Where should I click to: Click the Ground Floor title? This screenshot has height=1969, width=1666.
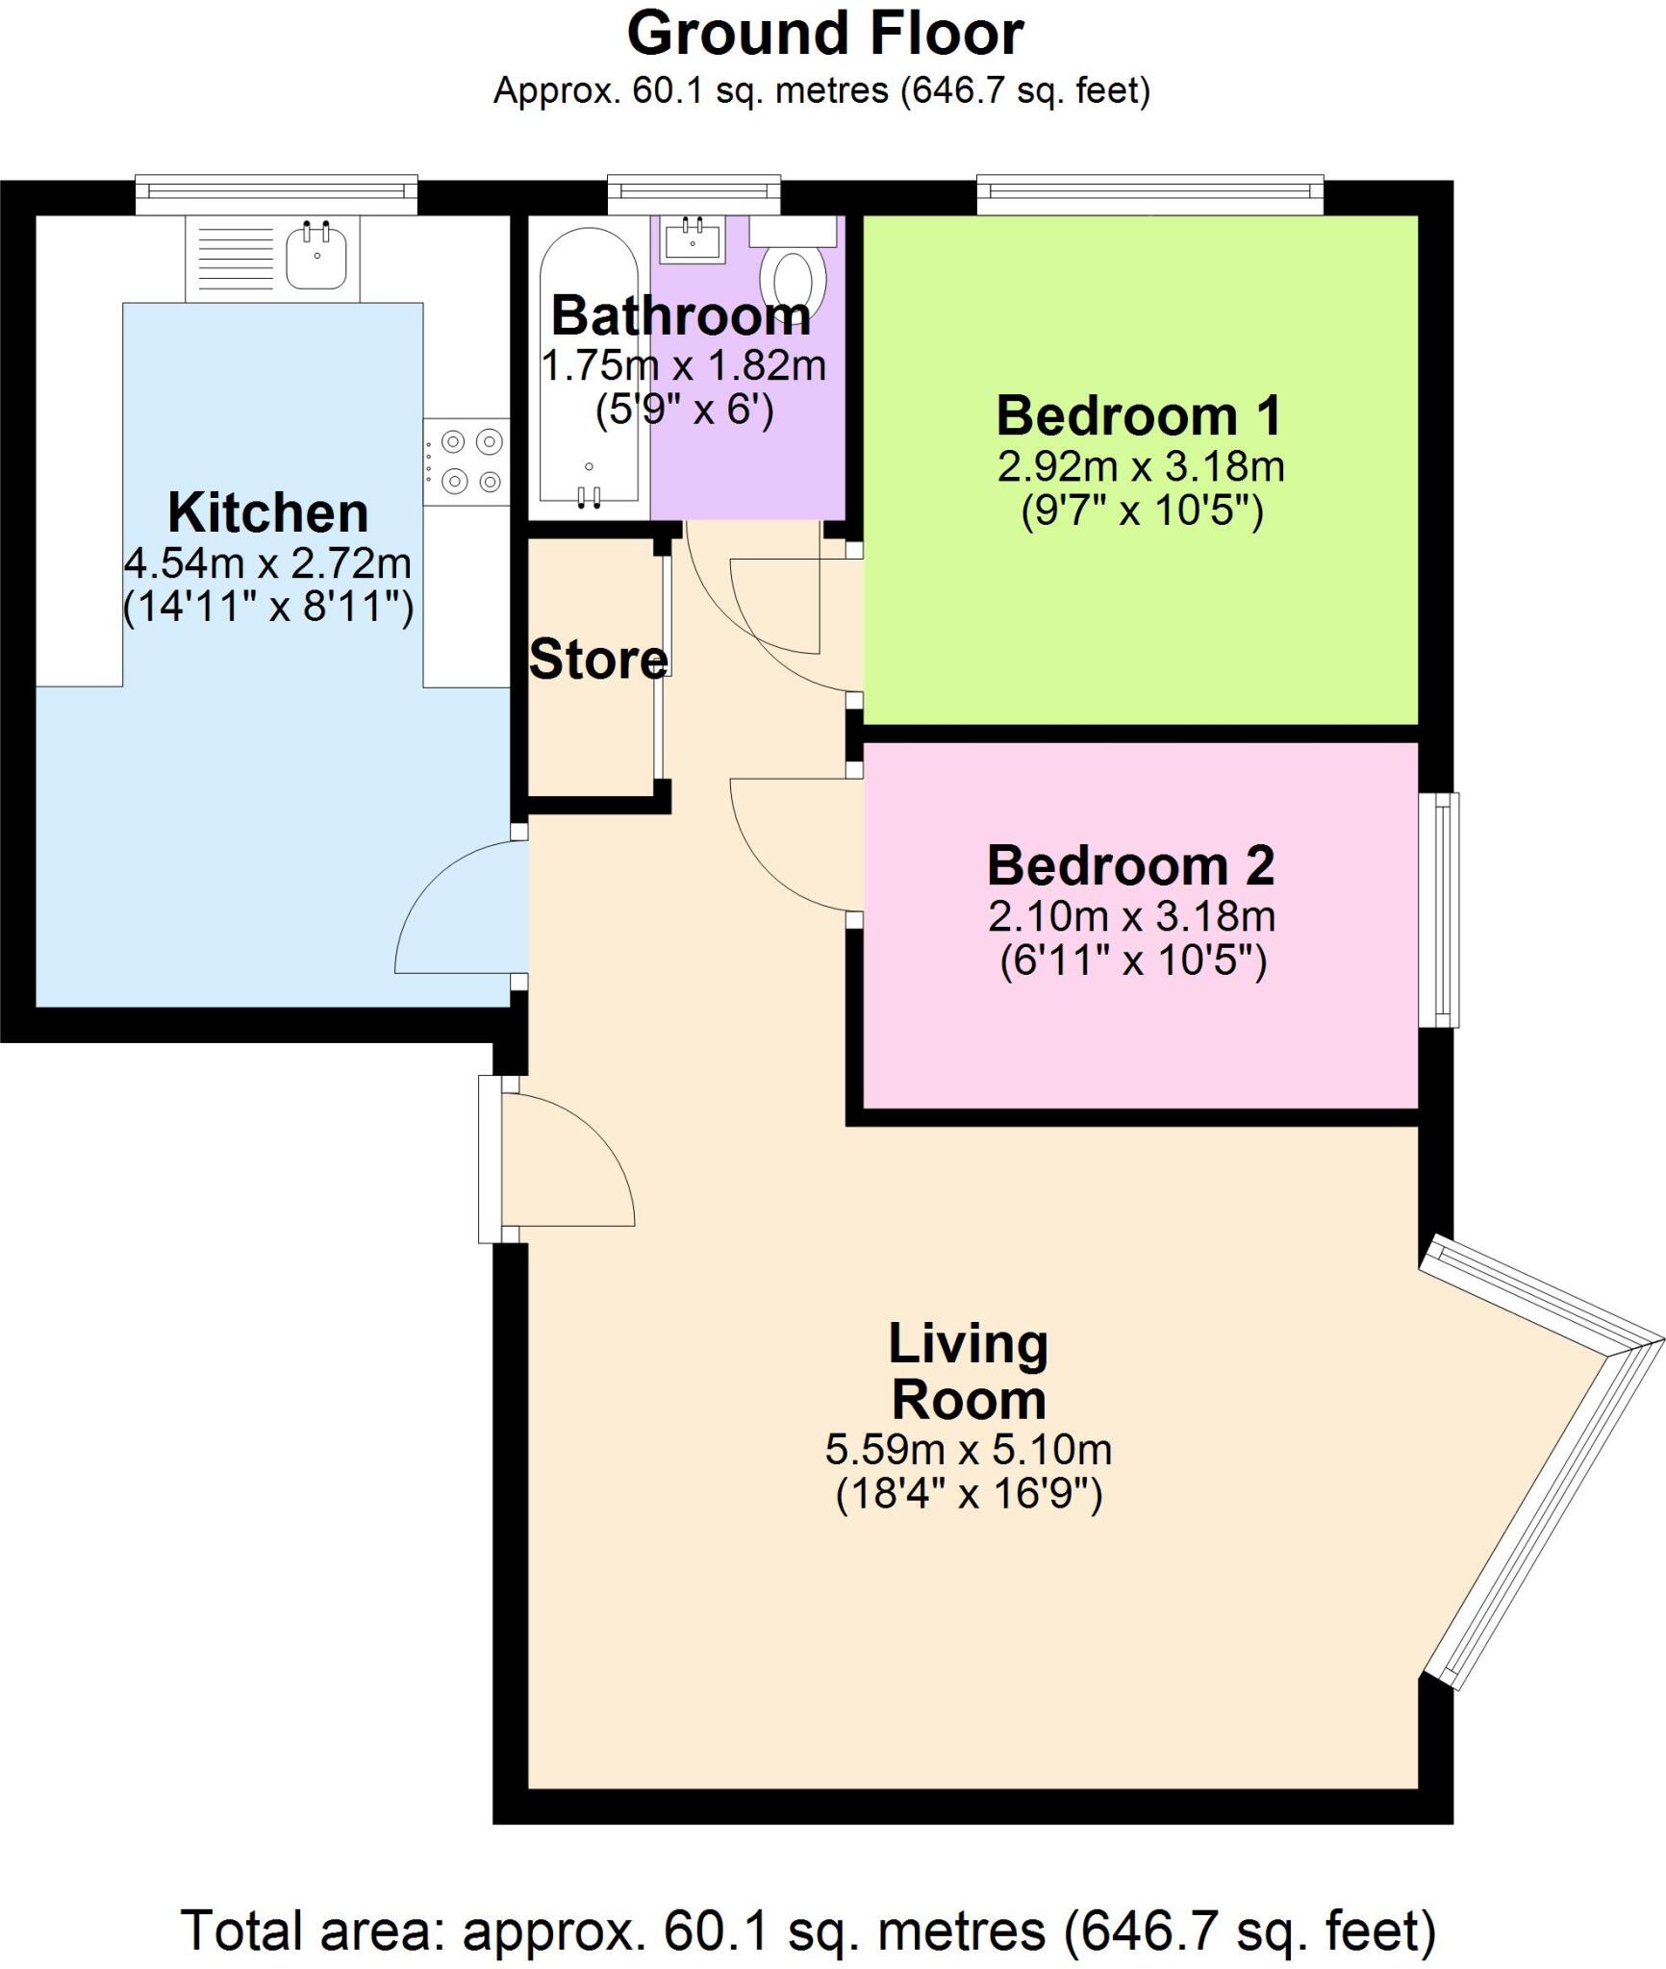[824, 35]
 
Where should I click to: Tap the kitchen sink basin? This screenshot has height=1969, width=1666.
[316, 255]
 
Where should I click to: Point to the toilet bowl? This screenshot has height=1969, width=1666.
[794, 279]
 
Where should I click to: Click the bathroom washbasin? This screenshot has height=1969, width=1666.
[692, 240]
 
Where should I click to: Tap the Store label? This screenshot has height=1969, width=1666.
[598, 660]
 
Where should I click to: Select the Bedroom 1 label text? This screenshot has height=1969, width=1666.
[1139, 416]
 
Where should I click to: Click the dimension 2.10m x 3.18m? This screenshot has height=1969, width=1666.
[1131, 916]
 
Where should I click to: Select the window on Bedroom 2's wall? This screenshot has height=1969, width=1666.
[1440, 910]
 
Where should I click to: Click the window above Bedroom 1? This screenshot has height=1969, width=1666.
[1149, 195]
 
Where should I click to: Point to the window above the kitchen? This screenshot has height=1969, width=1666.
[276, 195]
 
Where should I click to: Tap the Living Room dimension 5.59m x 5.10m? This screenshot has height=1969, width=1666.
[968, 1450]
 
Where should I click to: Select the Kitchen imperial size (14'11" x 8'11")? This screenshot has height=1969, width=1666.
[268, 608]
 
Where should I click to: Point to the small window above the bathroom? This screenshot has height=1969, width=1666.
[694, 195]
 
